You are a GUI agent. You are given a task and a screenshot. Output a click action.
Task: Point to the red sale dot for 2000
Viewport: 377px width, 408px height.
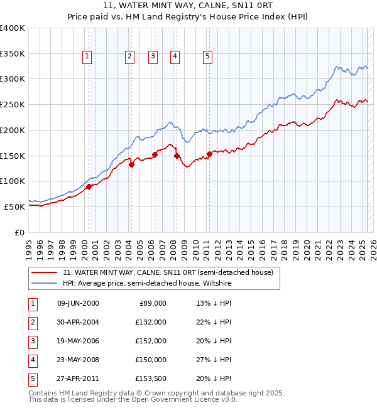point(89,186)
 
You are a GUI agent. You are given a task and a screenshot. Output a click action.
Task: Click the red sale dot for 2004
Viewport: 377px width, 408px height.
point(132,165)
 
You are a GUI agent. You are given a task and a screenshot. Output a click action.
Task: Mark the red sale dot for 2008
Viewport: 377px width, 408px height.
point(177,156)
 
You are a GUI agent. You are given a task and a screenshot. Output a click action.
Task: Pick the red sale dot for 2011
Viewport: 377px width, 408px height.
point(209,154)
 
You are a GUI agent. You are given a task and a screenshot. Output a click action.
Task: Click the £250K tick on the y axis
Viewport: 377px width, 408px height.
point(13,105)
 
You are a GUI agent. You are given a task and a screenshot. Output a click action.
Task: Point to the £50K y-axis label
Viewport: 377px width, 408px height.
point(14,207)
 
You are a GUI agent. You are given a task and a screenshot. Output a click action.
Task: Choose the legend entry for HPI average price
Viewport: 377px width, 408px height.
point(147,284)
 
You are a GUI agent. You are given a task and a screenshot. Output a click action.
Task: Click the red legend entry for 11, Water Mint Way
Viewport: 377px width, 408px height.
point(168,272)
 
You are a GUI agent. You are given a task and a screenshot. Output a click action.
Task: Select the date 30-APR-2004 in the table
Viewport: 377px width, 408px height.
point(78,322)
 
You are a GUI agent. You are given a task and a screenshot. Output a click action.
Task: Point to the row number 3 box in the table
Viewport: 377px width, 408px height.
point(32,341)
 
